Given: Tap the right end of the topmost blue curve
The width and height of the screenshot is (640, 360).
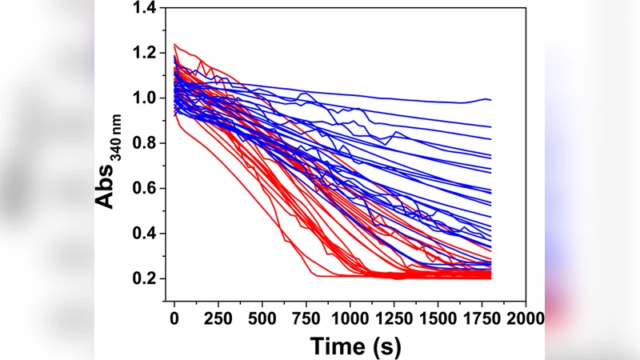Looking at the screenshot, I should [x=490, y=99].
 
